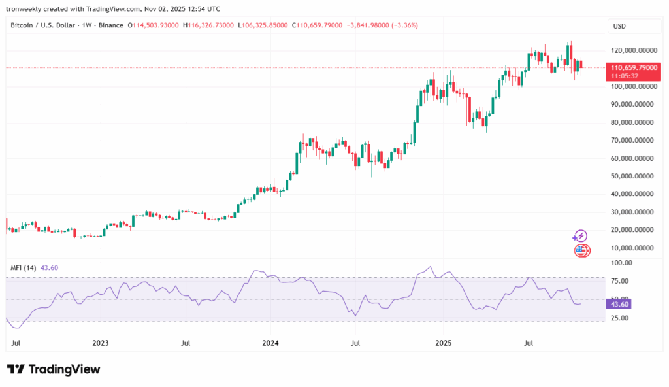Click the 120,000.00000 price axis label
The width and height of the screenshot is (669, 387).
(634, 50)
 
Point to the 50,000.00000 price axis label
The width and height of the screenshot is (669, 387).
(634, 176)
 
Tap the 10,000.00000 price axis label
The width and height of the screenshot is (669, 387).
(634, 248)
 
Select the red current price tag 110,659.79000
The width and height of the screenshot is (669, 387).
(633, 67)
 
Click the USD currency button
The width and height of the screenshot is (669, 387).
(619, 26)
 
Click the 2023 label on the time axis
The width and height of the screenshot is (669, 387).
(101, 343)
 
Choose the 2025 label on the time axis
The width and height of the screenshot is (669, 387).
(443, 343)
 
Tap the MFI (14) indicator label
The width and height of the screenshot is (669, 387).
(23, 268)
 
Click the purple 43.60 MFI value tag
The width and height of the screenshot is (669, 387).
(618, 304)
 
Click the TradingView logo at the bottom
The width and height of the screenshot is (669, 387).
(54, 369)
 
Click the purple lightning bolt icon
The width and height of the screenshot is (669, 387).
(580, 236)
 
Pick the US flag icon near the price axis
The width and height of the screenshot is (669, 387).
(581, 250)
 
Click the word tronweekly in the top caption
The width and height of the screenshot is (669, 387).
(24, 9)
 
